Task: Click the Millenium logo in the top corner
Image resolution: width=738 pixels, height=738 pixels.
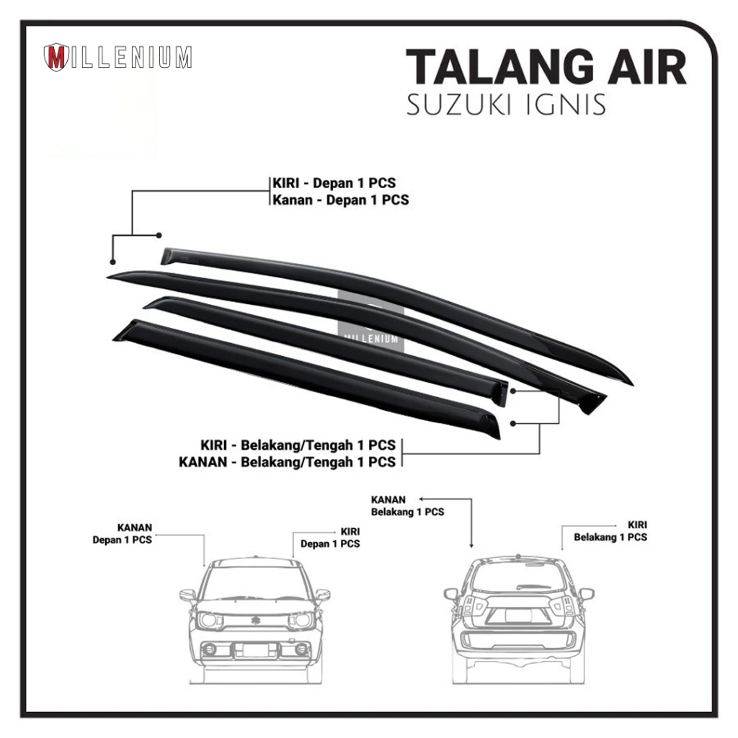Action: coord(117,58)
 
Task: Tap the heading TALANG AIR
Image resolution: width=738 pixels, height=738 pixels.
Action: coord(546,71)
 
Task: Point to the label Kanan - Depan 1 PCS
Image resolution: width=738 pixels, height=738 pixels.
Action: coord(339,200)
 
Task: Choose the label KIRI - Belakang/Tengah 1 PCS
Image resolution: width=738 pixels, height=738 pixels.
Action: coord(298,445)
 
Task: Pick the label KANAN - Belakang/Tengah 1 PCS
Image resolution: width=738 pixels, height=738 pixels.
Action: coord(287,462)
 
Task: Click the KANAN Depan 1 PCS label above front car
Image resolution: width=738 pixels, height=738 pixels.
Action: coord(123,533)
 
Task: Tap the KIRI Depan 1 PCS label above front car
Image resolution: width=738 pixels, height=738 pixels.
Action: coord(330,538)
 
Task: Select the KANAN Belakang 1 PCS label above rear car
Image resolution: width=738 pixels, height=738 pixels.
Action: coord(407,506)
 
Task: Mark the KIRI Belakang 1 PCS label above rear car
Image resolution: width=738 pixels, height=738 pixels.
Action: coord(610,531)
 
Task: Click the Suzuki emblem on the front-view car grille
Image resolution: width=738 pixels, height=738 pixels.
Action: coord(257,619)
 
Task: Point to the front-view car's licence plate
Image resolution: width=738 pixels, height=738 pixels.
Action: coord(255,649)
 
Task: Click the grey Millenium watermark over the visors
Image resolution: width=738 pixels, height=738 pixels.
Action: coord(370,317)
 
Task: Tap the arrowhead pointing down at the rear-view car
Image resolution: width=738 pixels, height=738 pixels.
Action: coord(471,546)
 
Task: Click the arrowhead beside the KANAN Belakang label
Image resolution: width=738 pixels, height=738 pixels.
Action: coord(423,497)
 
